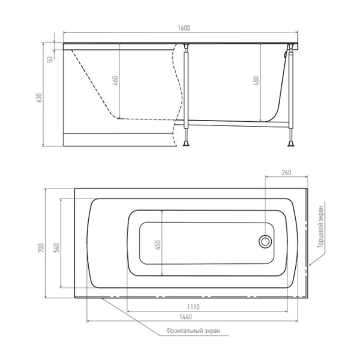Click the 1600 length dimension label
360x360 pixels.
click(x=184, y=28)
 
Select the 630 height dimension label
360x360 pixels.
click(x=40, y=98)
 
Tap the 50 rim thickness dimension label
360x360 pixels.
click(x=50, y=59)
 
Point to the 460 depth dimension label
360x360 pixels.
click(x=116, y=81)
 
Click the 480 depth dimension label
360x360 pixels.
click(x=256, y=81)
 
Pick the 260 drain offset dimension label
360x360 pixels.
click(x=286, y=172)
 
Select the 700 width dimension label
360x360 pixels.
click(x=41, y=248)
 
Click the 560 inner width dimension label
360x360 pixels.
click(x=56, y=248)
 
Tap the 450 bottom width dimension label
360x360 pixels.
click(x=158, y=245)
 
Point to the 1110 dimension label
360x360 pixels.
click(x=193, y=307)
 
